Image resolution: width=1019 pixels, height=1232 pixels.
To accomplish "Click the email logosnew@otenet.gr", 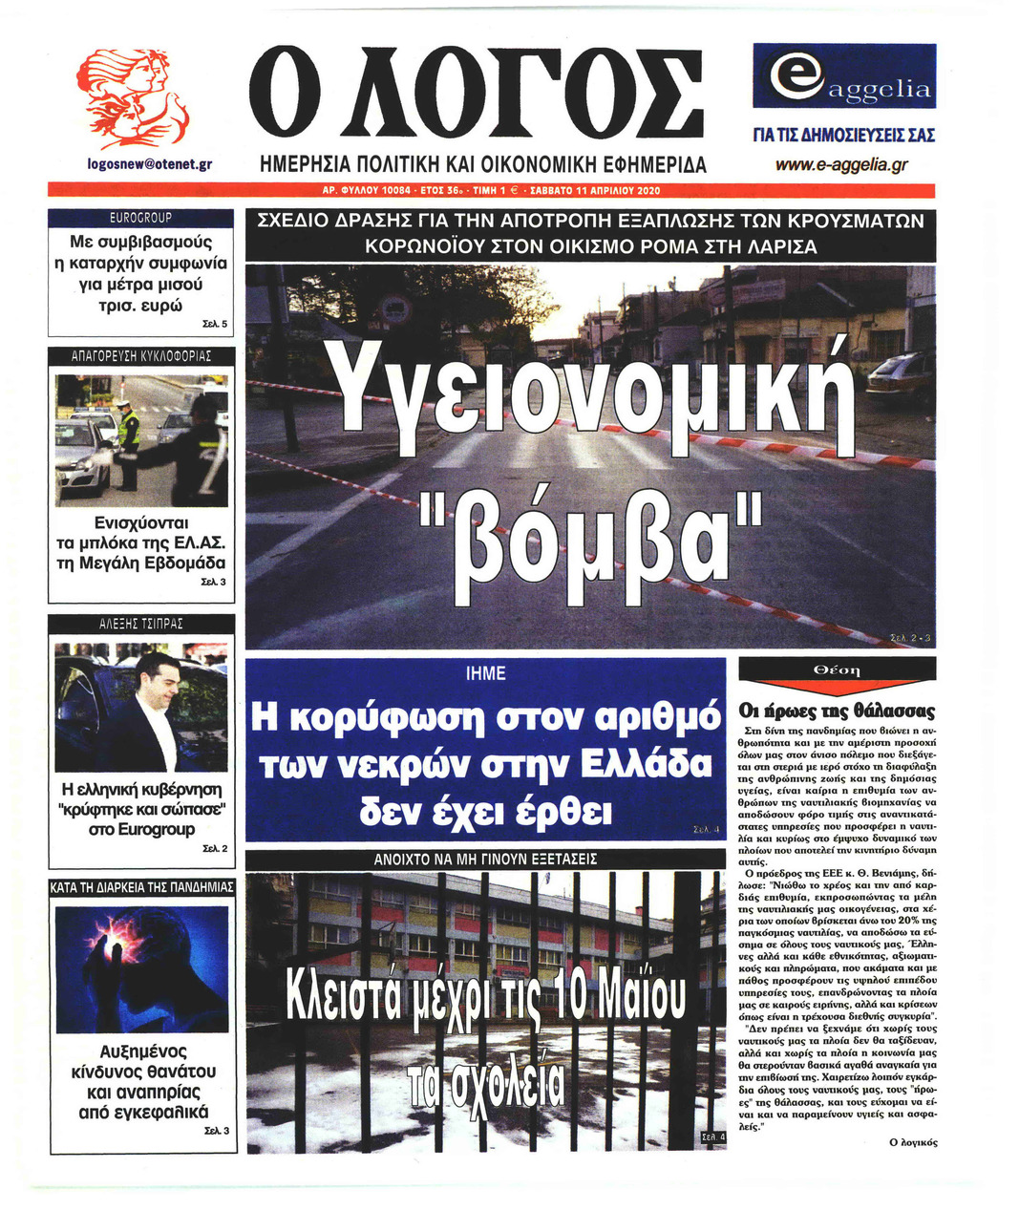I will pyautogui.click(x=149, y=164).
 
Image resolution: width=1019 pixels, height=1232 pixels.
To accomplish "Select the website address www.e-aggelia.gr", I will pyautogui.click(x=841, y=165).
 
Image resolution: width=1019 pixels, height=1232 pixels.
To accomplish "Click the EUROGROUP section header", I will pyautogui.click(x=140, y=218).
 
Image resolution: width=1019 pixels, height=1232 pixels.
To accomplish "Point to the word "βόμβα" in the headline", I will pyautogui.click(x=592, y=531).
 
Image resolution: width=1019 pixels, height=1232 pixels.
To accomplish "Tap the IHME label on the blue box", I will pyautogui.click(x=485, y=673).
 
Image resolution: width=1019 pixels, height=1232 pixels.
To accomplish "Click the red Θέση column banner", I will pyautogui.click(x=837, y=670).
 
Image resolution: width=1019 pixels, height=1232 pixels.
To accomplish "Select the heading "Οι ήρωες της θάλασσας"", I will pyautogui.click(x=837, y=711).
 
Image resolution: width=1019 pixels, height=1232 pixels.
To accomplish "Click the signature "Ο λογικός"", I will pyautogui.click(x=913, y=1142).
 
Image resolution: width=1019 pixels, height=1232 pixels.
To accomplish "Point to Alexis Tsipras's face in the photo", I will pyautogui.click(x=159, y=679).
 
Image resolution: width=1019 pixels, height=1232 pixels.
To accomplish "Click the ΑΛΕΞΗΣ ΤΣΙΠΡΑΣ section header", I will pyautogui.click(x=140, y=624).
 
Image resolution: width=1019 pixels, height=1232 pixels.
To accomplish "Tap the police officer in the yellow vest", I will pyautogui.click(x=128, y=434).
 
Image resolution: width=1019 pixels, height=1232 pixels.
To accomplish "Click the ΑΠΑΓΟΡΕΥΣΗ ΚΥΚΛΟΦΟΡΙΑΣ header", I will pyautogui.click(x=140, y=356).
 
